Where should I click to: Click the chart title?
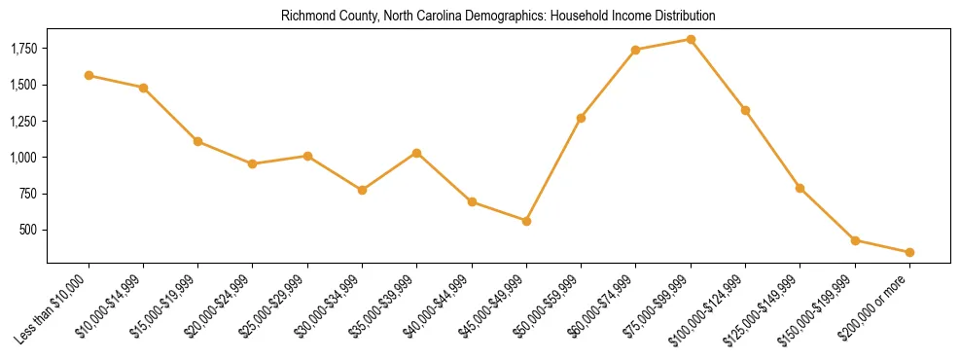[498, 17]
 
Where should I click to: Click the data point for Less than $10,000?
[89, 75]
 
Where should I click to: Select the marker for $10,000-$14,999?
[143, 88]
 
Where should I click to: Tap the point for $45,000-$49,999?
[526, 221]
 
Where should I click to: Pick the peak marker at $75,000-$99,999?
[691, 39]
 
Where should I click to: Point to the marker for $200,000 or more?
[909, 252]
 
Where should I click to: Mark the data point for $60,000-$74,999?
[635, 50]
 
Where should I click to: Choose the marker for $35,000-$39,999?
[416, 153]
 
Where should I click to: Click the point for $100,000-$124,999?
[745, 110]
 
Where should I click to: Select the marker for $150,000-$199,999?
[855, 240]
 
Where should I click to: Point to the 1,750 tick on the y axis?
[23, 49]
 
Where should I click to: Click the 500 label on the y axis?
[30, 230]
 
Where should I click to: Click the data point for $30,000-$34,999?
[362, 190]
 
